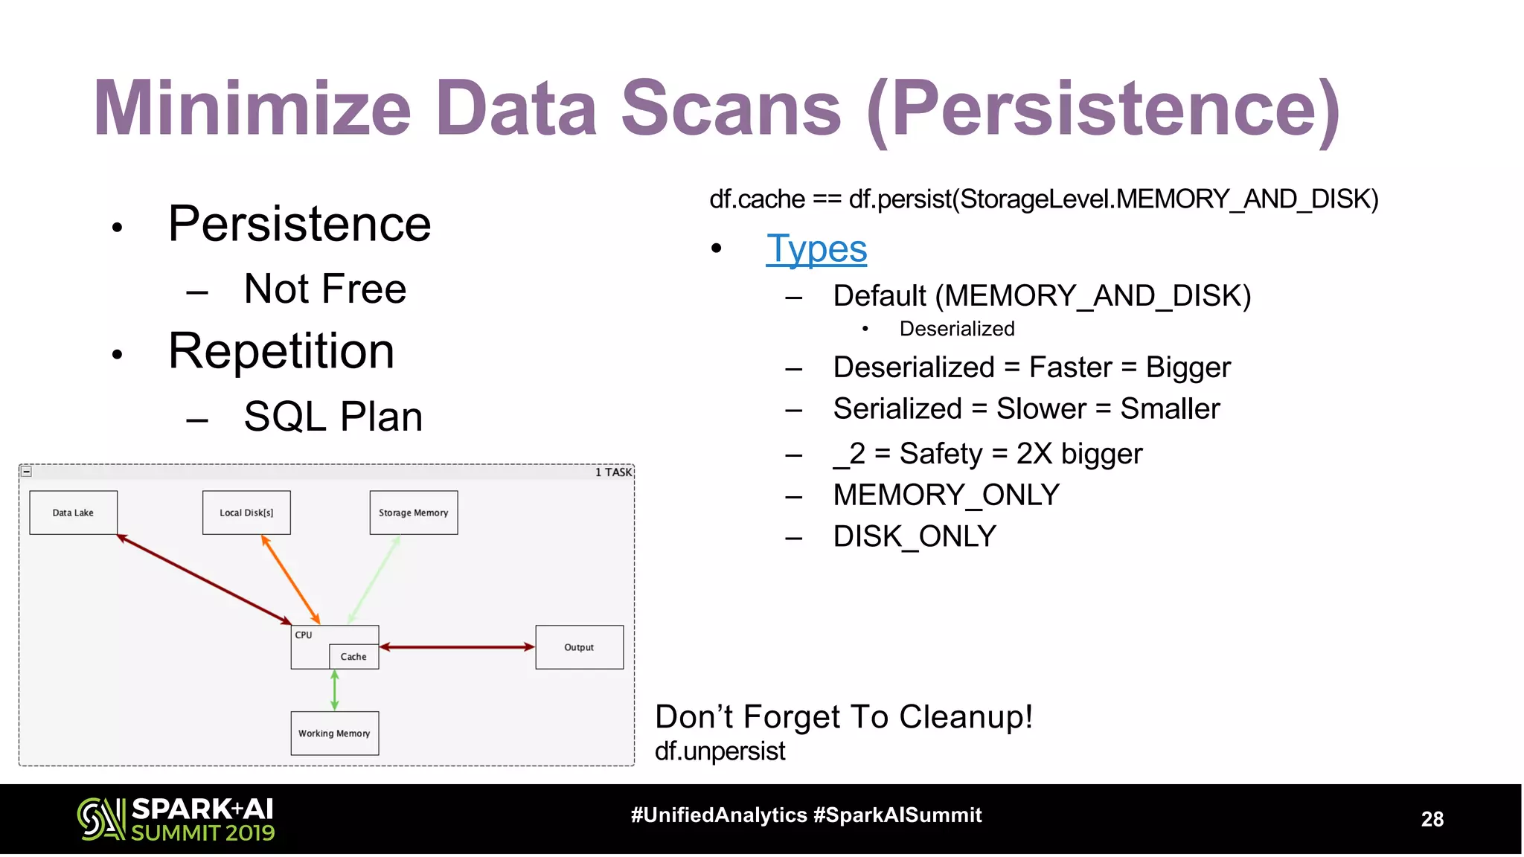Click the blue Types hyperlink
pos(816,249)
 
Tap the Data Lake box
pos(73,513)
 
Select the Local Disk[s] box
pos(246,513)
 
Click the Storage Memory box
pos(414,513)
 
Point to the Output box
pos(579,647)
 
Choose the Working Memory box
pos(334,734)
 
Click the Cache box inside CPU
pos(353,657)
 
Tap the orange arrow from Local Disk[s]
pos(291,580)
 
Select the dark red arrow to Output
pos(457,647)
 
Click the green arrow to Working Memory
pos(335,690)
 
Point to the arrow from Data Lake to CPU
pos(204,579)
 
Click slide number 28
pos(1432,819)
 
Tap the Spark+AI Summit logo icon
pos(100,819)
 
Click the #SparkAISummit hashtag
pos(897,815)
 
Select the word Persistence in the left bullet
pos(299,224)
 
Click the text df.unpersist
pos(720,751)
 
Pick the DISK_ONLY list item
pos(915,536)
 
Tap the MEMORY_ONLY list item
pos(946,495)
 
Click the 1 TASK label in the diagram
pos(613,472)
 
